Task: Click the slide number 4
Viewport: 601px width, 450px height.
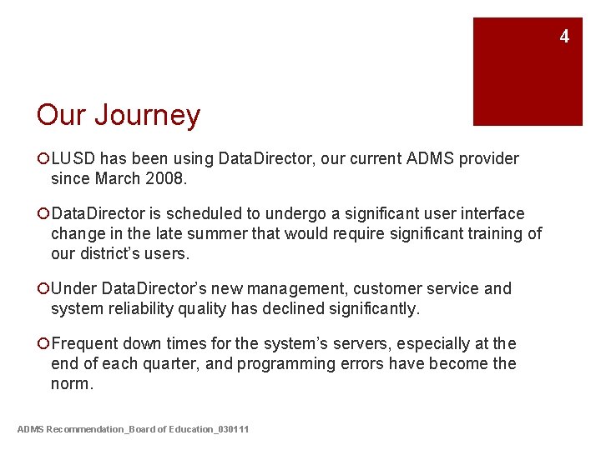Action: coord(564,37)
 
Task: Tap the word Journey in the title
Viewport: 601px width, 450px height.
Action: coord(147,115)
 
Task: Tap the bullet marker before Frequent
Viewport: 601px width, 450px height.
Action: coord(43,343)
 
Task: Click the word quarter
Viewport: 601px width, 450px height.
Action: coord(169,363)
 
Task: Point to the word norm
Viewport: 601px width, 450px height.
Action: coord(71,383)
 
